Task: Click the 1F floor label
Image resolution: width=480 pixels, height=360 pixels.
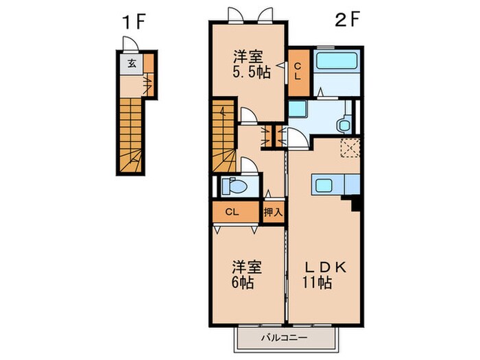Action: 133,21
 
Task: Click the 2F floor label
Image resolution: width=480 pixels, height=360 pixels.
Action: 346,19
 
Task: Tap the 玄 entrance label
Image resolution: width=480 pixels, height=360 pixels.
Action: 132,64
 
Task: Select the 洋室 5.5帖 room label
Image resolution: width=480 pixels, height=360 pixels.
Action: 252,64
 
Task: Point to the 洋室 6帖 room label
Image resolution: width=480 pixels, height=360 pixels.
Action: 246,274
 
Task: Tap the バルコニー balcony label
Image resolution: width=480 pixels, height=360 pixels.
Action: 284,338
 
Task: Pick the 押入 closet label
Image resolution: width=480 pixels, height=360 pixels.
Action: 273,212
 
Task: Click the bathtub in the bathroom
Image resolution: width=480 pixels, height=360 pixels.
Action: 337,60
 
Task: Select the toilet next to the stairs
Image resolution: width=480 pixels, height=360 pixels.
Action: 235,186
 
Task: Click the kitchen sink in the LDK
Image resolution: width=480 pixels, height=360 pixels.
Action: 324,185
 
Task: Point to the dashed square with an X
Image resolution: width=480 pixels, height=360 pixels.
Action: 350,148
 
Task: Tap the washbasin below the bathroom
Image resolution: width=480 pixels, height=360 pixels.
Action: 298,109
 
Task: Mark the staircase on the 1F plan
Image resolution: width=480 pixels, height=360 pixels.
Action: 131,135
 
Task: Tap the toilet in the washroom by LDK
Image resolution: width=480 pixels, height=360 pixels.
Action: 345,125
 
